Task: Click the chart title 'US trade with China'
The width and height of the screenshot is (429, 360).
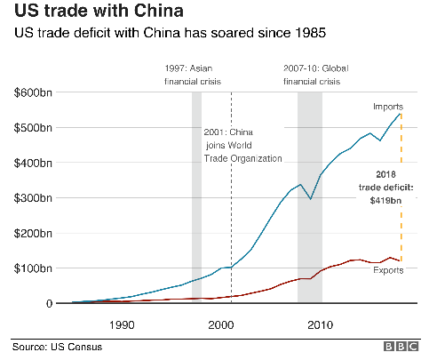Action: click(99, 11)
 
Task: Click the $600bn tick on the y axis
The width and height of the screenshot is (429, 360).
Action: click(33, 92)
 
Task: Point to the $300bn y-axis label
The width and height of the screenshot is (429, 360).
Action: click(33, 198)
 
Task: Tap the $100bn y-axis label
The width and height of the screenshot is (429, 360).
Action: click(33, 268)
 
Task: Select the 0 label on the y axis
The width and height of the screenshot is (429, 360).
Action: click(49, 304)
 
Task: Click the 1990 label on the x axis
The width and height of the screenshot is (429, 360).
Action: click(122, 325)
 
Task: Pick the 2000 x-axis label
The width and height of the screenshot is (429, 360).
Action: click(221, 325)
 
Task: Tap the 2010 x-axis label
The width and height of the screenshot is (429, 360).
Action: click(320, 325)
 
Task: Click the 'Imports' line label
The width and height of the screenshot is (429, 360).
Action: click(388, 107)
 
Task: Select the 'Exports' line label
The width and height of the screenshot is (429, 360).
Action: click(388, 270)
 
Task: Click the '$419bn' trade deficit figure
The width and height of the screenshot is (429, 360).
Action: click(385, 201)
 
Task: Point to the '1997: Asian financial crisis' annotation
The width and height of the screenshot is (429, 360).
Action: click(193, 75)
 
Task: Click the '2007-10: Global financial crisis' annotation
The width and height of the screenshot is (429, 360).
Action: click(315, 75)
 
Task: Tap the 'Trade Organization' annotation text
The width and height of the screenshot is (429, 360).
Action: click(242, 158)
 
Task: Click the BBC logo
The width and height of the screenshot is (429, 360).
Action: click(401, 347)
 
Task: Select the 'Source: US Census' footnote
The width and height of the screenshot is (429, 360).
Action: click(57, 347)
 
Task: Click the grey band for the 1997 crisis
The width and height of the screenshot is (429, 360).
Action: click(196, 197)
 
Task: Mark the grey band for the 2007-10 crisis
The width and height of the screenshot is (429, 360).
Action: click(310, 197)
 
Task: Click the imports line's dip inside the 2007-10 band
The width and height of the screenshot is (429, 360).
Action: click(310, 198)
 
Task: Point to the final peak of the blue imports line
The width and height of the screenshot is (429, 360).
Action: click(400, 114)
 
